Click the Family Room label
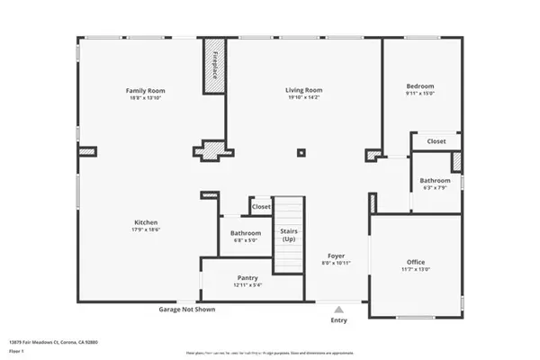[145, 91]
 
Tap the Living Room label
[304, 91]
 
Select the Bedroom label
[419, 85]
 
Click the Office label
[415, 262]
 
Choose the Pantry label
[247, 278]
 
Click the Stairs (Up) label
[289, 236]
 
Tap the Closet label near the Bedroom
[436, 141]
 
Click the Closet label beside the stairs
[261, 207]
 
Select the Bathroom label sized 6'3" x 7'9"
[436, 180]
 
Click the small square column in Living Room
[301, 153]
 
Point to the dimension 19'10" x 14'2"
[304, 99]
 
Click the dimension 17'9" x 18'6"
[147, 230]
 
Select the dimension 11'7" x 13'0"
[415, 270]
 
